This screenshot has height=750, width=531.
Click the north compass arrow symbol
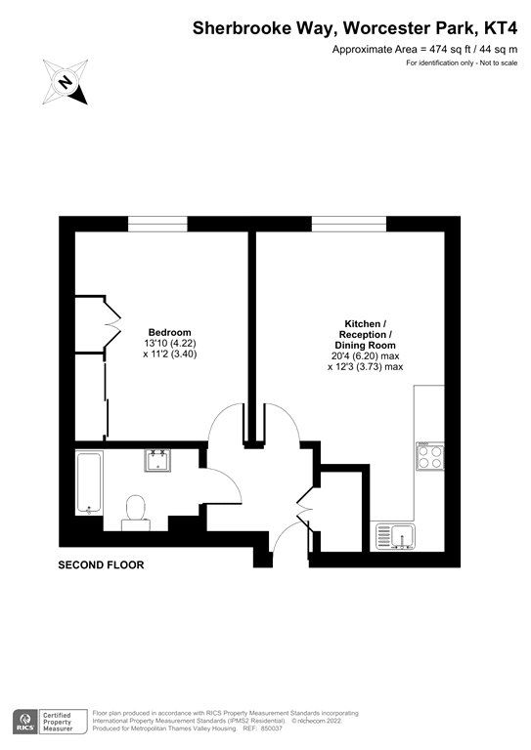[66, 82]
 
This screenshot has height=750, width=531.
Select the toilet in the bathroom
[135, 511]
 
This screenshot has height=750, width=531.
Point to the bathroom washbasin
[157, 460]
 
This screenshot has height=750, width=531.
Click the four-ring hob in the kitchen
[430, 457]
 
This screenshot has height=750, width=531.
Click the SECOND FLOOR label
[101, 565]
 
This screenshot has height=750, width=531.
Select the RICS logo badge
[26, 722]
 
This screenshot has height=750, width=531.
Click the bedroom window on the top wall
[157, 225]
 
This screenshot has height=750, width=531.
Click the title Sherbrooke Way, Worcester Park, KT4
[359, 29]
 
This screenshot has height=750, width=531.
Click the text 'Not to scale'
[495, 63]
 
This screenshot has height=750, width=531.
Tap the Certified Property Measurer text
[65, 722]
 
